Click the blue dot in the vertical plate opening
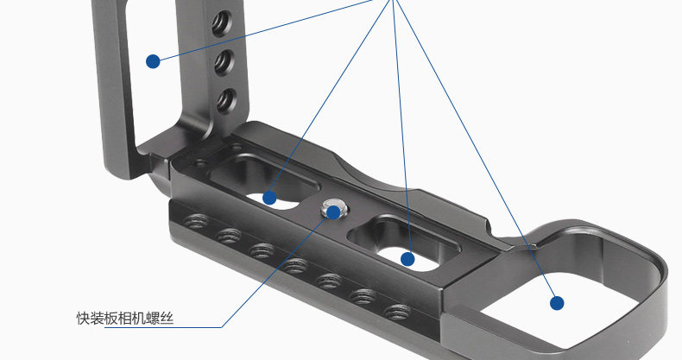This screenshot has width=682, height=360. click(153, 61)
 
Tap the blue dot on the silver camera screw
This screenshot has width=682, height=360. click(333, 212)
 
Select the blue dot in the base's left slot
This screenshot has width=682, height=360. click(269, 198)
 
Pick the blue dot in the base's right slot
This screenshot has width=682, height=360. click(407, 260)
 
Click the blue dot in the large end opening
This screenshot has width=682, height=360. click(557, 303)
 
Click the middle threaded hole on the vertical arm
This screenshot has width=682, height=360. click(224, 63)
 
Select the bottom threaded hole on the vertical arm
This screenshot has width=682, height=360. click(226, 100)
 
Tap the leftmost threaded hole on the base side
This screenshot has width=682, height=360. click(195, 222)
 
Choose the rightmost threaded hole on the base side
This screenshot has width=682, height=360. click(397, 312)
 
